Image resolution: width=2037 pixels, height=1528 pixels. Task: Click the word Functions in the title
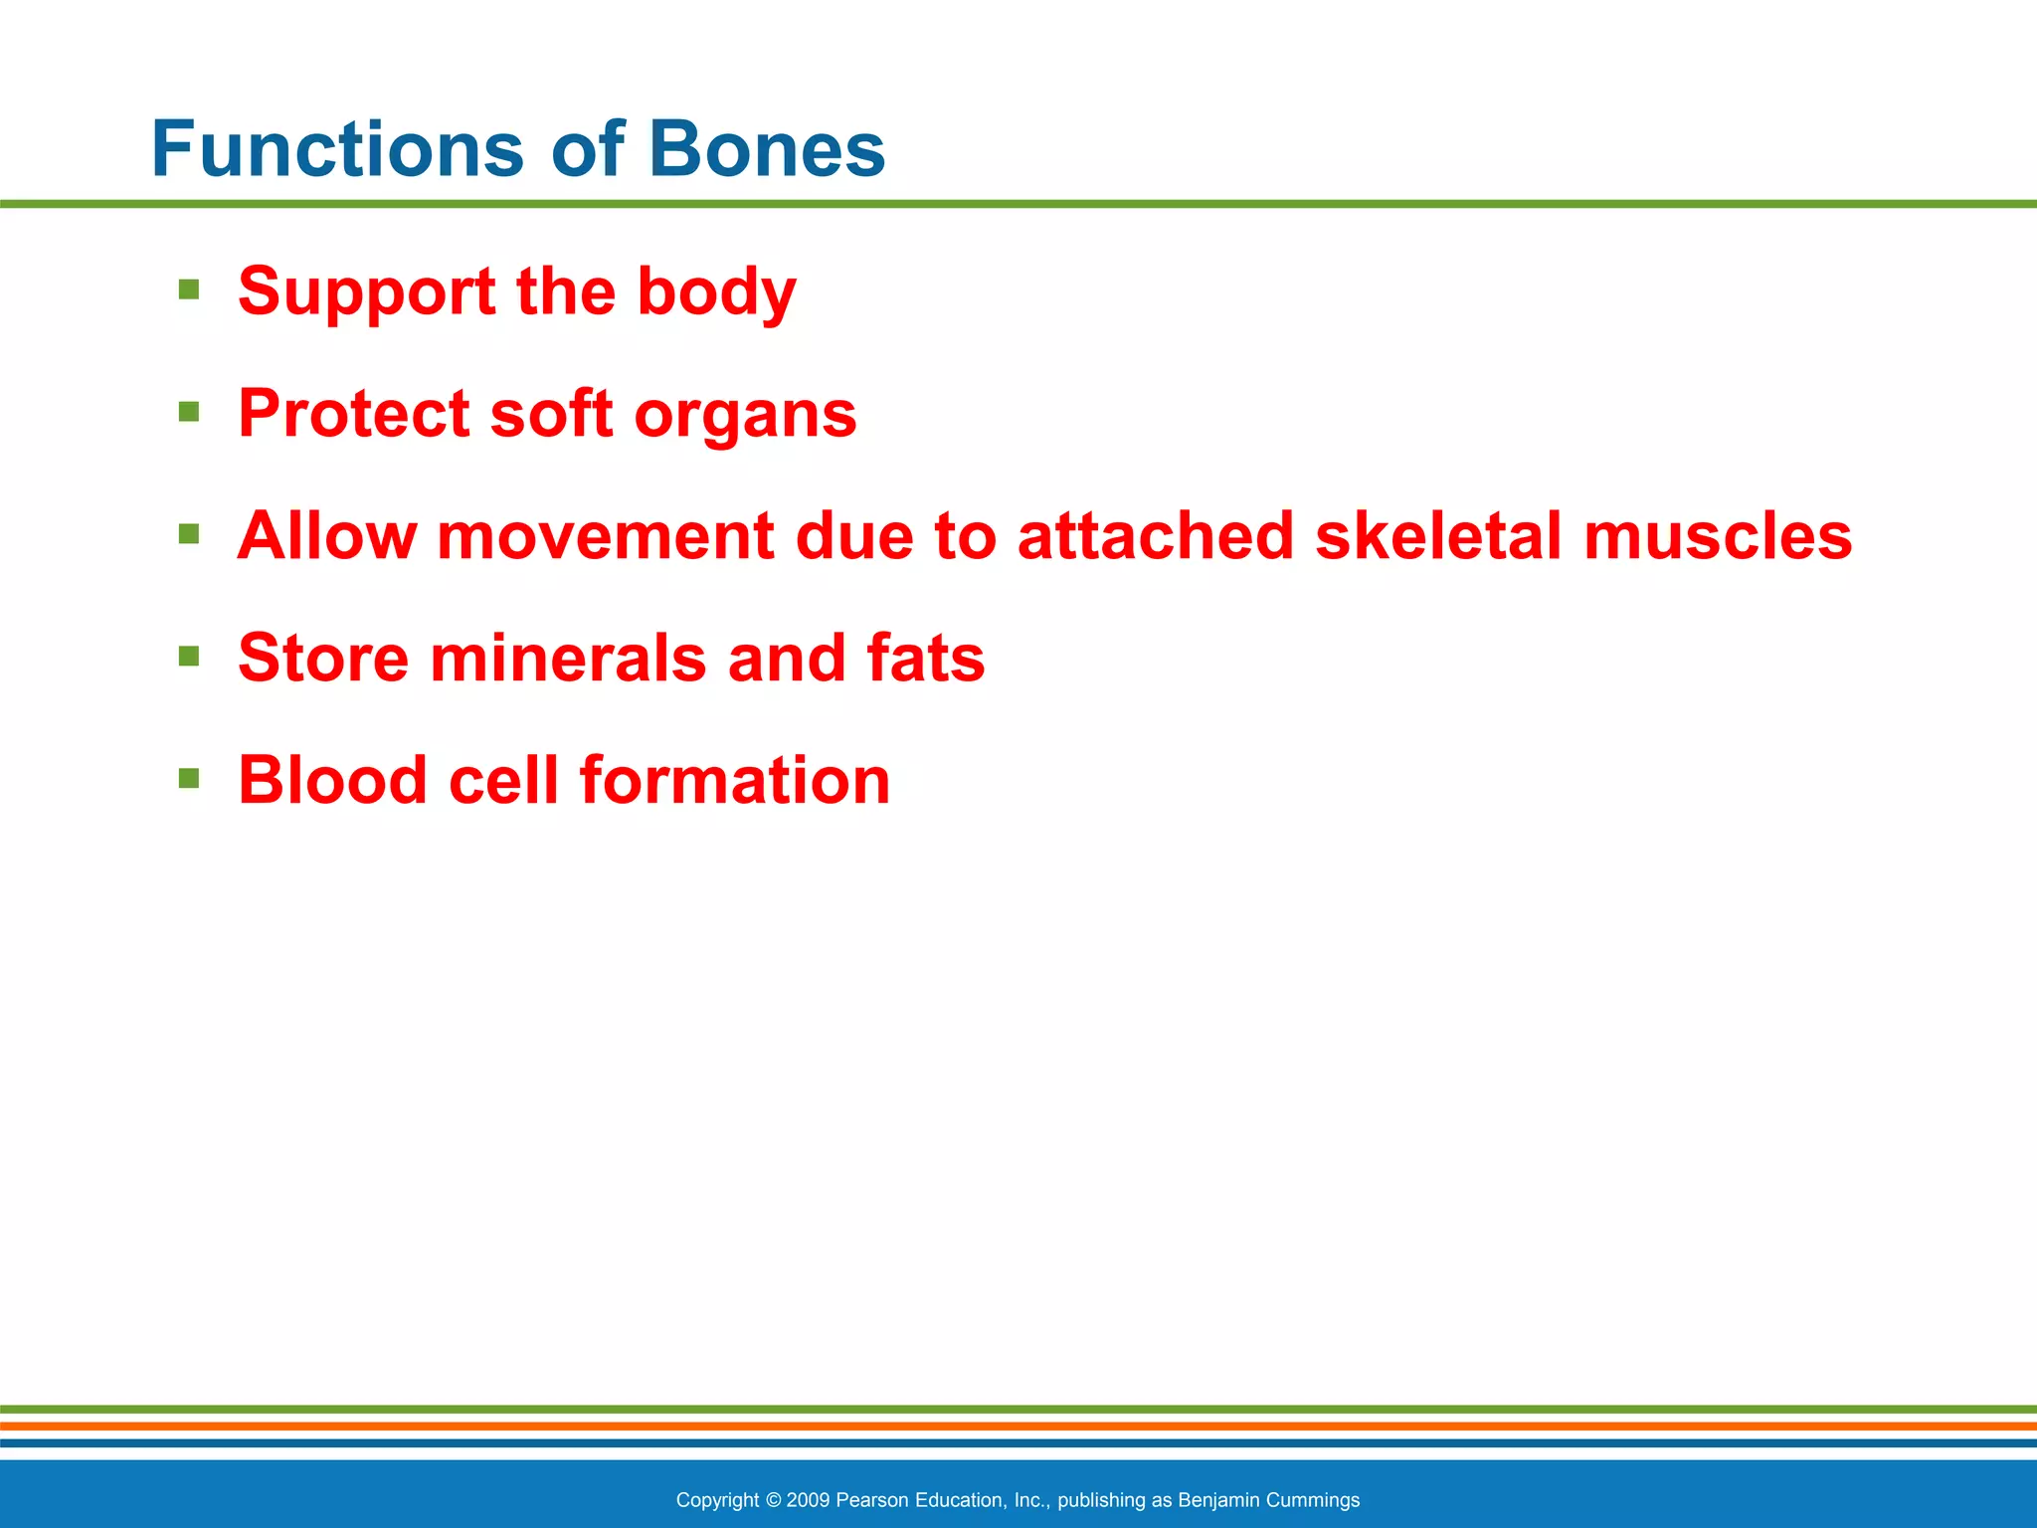coord(336,149)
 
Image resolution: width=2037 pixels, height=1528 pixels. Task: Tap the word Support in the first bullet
coord(366,292)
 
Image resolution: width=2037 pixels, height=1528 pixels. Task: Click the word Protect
coord(353,414)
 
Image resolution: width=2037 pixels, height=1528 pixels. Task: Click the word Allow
coord(326,536)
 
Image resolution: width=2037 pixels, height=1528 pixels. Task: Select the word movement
coord(605,536)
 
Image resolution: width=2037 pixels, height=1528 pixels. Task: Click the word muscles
coord(1718,536)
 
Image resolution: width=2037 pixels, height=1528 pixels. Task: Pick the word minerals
coord(568,658)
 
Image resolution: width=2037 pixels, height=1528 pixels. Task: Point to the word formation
coord(735,780)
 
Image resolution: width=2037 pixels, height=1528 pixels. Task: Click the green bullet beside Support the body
coord(189,289)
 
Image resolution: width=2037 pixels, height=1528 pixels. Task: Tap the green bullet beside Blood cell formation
coord(189,777)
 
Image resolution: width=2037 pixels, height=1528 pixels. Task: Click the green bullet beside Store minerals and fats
coord(189,656)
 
